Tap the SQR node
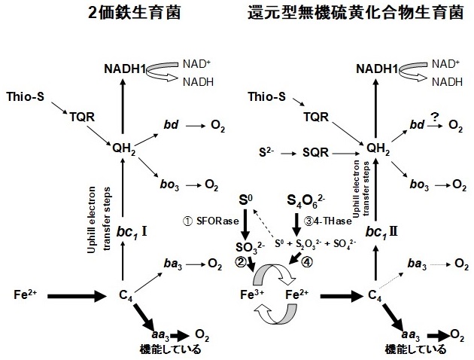[313, 151]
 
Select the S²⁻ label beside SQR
[263, 151]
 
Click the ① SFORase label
[207, 221]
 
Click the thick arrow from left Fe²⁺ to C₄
[78, 296]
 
